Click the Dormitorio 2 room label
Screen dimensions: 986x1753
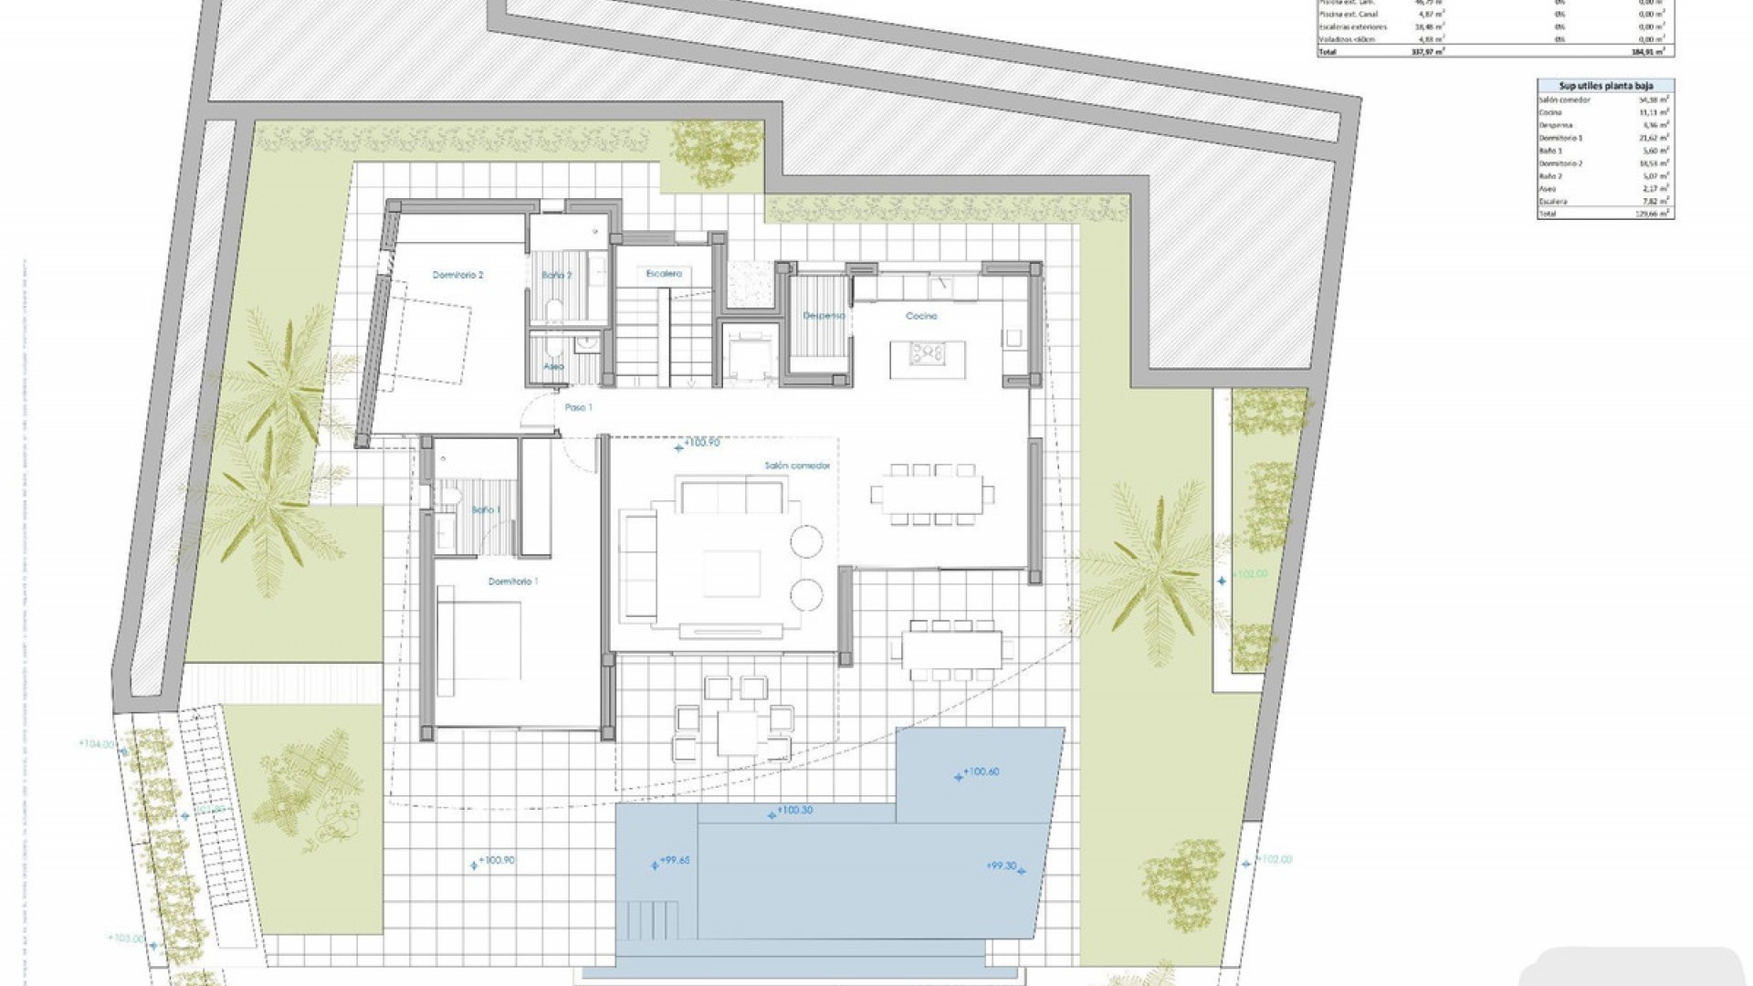[x=457, y=275]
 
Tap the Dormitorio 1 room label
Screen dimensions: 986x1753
[x=513, y=582]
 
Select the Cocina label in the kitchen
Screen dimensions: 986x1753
[x=921, y=316]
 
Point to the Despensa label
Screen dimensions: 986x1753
[x=823, y=316]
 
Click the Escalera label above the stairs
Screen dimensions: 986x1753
[x=664, y=274]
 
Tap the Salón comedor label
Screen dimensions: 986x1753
[x=797, y=466]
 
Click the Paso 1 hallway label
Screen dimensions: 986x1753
[x=579, y=407]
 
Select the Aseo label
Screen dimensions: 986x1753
[x=553, y=366]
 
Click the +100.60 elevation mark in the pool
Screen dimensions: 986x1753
[x=980, y=772]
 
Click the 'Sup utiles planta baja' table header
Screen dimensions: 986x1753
[x=1604, y=85]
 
